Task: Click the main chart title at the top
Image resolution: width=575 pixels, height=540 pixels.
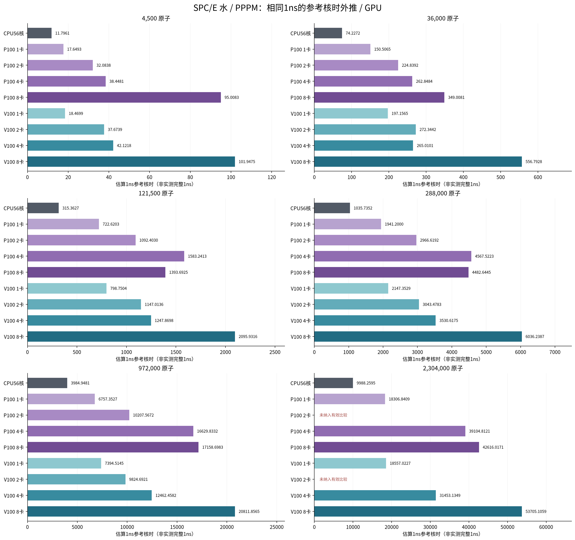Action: click(x=287, y=8)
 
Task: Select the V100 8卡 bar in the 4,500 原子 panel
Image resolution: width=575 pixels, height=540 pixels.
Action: click(x=131, y=162)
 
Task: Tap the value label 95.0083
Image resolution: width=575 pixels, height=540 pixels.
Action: click(x=232, y=97)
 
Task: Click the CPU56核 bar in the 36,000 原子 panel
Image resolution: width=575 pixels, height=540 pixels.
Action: click(x=328, y=33)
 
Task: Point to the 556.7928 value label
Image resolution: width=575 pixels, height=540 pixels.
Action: click(x=534, y=162)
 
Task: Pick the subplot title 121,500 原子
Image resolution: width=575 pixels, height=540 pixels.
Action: click(x=156, y=193)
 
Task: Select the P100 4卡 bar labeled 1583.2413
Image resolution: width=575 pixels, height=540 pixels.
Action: click(x=106, y=256)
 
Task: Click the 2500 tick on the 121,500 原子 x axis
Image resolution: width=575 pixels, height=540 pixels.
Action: click(x=275, y=352)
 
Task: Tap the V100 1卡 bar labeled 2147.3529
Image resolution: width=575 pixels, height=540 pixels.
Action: click(x=351, y=288)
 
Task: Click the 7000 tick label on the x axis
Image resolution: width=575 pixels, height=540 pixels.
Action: click(x=555, y=352)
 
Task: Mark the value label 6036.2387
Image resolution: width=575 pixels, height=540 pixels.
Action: click(x=535, y=337)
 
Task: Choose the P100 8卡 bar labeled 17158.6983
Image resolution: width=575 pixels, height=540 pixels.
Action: click(x=113, y=447)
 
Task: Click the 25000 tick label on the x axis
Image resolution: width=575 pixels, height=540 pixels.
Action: click(x=277, y=527)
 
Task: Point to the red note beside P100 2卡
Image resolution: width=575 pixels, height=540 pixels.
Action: click(x=333, y=415)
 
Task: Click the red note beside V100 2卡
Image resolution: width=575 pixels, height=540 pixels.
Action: click(x=333, y=479)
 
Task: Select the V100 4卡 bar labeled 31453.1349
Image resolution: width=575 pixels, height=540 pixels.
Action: click(x=375, y=495)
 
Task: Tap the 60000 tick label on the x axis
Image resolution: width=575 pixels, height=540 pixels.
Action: click(x=546, y=527)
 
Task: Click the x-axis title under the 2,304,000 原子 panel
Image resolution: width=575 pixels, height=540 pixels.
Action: click(x=441, y=534)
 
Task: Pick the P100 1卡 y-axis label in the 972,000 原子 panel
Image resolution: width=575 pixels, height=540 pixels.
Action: click(x=14, y=399)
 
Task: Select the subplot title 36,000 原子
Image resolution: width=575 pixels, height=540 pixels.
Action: click(x=443, y=18)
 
